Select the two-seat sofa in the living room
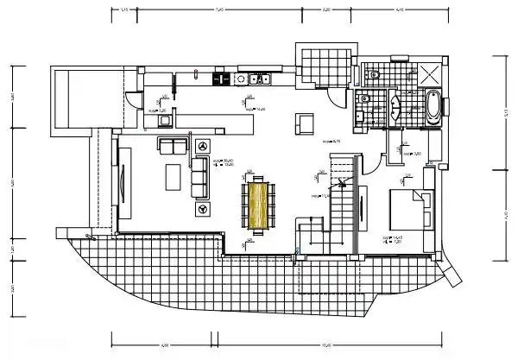(172, 146)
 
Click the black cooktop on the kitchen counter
(221, 79)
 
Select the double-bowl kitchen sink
(259, 80)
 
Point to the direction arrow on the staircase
(341, 184)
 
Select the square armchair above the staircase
(305, 124)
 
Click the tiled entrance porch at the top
(325, 65)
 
